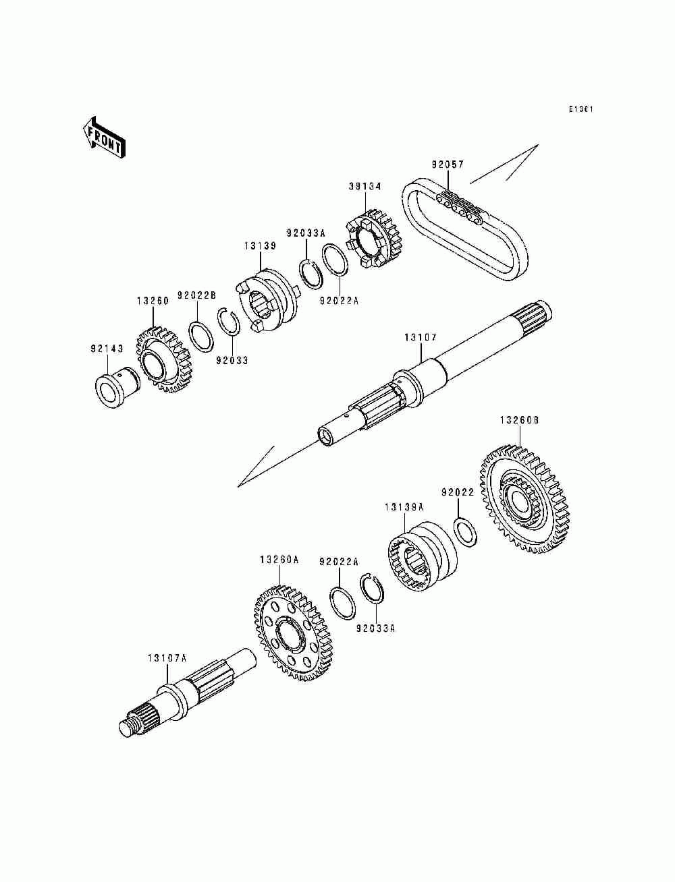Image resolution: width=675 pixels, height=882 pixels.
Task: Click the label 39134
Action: [365, 187]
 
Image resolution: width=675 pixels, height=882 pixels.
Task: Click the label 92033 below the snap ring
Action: [232, 360]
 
